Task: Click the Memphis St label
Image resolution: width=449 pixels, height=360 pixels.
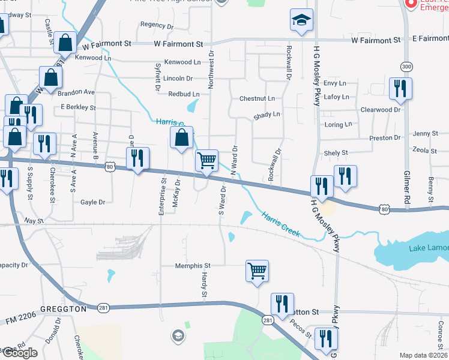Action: pos(193,265)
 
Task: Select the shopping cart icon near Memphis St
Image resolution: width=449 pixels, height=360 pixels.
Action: pos(257,271)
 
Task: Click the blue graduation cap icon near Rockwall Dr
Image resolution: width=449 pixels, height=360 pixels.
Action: pos(301,20)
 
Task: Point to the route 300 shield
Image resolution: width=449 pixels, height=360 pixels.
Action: pos(407,66)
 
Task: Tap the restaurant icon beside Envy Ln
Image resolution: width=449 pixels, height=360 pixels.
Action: pos(399,89)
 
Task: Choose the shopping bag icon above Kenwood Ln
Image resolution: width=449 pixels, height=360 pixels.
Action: pos(64,43)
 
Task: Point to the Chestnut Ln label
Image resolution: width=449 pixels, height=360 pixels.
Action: pos(257,98)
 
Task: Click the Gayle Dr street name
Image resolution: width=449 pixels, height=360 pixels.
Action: pos(93,202)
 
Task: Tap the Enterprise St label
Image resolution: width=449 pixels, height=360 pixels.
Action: pos(162,196)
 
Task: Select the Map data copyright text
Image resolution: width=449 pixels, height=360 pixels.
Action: pos(424,355)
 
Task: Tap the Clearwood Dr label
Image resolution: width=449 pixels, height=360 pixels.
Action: pos(380,110)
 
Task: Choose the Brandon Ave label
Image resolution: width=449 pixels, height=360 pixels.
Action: pos(76,92)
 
